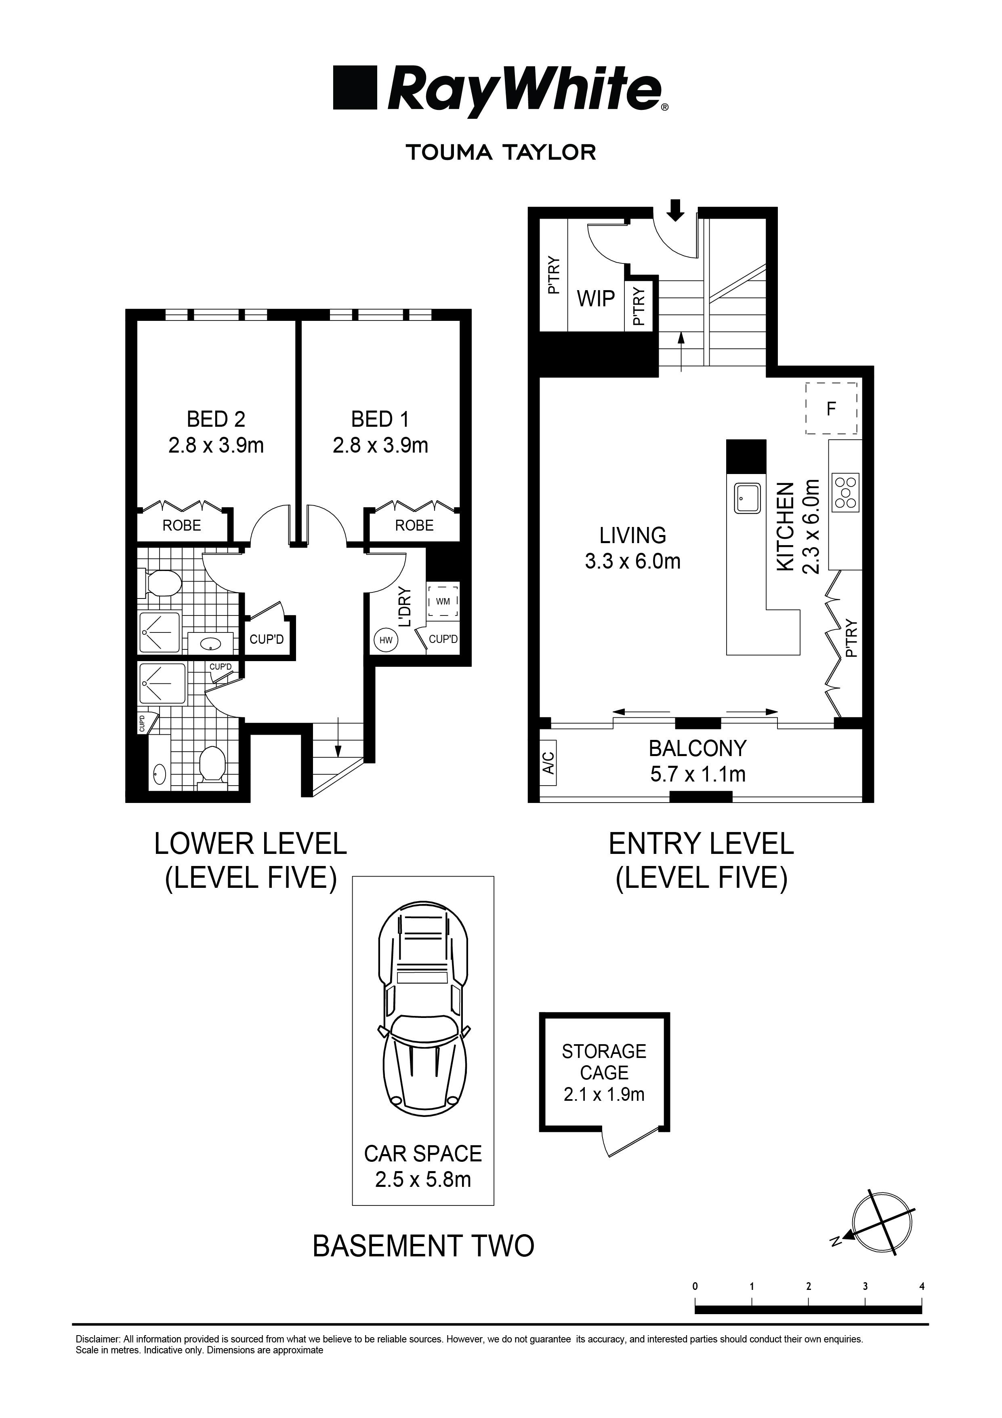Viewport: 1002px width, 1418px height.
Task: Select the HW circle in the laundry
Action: tap(386, 641)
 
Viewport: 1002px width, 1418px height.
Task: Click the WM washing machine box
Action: tap(443, 601)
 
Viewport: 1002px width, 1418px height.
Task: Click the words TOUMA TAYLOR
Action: tap(501, 152)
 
